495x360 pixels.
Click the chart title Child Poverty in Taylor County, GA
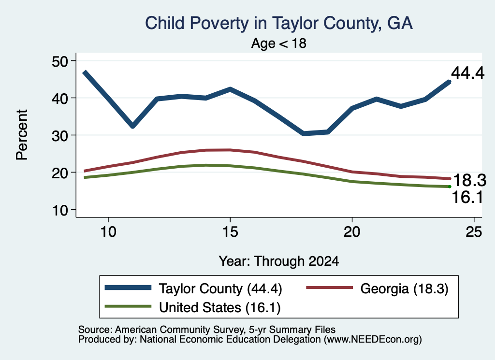(279, 23)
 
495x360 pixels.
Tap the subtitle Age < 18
(279, 43)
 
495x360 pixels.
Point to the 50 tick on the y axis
(59, 61)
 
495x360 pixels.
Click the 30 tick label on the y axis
(59, 135)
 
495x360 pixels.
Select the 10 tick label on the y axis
(59, 210)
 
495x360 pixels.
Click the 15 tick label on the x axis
(230, 232)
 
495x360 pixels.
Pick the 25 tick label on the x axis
(474, 232)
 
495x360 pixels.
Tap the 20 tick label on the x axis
(352, 232)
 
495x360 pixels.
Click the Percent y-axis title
(22, 135)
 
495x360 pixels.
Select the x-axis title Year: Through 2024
(279, 261)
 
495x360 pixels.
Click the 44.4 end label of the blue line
(467, 73)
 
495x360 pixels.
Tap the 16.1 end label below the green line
(467, 198)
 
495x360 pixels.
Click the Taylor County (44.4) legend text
(220, 288)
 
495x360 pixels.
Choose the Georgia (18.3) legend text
(405, 288)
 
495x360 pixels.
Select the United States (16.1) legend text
(220, 308)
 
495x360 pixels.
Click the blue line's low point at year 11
(132, 126)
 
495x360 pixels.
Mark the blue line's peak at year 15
(230, 89)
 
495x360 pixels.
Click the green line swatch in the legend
(128, 306)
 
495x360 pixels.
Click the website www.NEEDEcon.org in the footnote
(373, 340)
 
